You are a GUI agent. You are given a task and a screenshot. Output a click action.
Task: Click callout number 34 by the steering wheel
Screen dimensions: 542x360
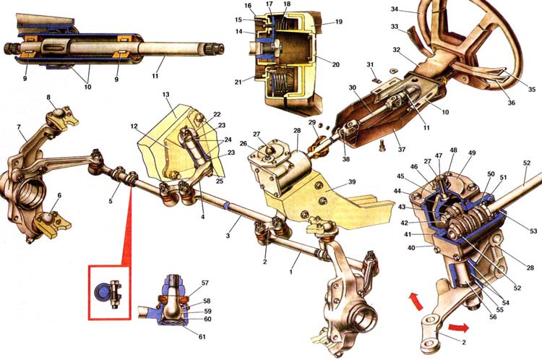(395, 9)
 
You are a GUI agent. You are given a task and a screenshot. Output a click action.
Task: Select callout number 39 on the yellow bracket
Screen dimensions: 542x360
(351, 182)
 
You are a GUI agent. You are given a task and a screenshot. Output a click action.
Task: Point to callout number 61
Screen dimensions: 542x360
(202, 336)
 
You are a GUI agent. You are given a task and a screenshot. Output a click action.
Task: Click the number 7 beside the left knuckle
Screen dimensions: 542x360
(19, 128)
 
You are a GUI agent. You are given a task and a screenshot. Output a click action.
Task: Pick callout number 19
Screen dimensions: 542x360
(339, 22)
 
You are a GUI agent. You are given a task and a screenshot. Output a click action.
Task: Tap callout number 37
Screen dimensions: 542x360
(401, 150)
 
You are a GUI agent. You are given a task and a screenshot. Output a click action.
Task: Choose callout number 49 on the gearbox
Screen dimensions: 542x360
(463, 153)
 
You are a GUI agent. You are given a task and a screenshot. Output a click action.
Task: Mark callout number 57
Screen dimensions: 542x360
(205, 283)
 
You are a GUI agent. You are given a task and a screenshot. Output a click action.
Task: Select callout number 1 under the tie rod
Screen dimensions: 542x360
(291, 272)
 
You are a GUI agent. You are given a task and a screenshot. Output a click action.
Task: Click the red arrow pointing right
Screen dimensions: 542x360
(459, 327)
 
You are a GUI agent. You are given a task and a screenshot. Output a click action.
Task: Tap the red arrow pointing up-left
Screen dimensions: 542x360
(416, 301)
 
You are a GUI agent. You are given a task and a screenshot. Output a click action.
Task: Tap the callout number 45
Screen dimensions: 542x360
(400, 176)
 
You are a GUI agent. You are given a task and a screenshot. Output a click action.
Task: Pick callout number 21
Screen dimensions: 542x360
(238, 82)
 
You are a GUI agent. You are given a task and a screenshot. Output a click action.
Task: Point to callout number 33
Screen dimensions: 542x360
(395, 26)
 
